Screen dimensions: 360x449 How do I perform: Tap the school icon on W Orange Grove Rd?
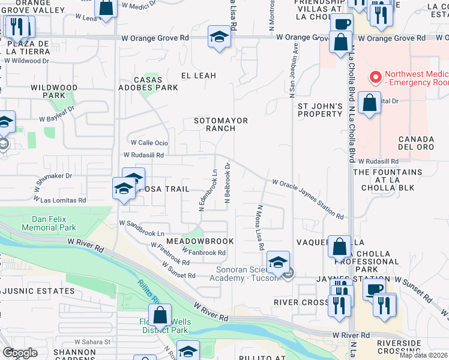219,38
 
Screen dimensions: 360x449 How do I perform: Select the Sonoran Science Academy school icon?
278,262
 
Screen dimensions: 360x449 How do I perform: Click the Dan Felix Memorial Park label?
49,223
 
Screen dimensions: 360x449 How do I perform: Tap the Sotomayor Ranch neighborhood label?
221,124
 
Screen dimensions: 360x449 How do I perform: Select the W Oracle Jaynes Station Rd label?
307,199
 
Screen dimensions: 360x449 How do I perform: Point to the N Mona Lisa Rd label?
261,227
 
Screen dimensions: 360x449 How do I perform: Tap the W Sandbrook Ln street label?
142,227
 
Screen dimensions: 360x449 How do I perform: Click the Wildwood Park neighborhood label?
54,91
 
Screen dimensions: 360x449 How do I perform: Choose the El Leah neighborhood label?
199,76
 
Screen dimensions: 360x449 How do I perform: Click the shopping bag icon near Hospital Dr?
370,103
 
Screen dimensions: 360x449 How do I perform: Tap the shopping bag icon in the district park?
160,315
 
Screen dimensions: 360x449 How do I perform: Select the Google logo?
20,353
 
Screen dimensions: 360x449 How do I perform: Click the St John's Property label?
320,110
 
